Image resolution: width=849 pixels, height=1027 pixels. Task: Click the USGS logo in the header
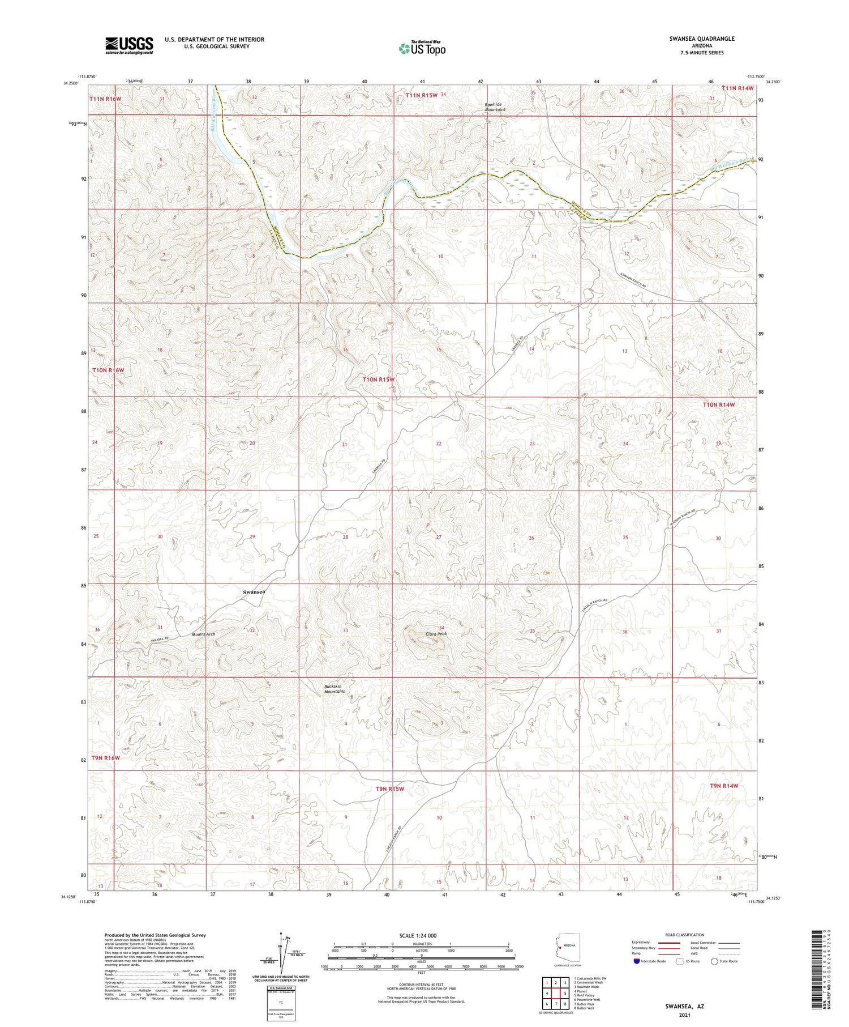pos(129,45)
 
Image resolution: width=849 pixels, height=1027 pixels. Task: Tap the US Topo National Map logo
pos(422,48)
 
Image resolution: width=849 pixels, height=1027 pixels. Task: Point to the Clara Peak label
pos(436,634)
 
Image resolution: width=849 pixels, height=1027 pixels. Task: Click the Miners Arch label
pos(203,634)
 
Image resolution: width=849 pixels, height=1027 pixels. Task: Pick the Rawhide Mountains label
pos(494,107)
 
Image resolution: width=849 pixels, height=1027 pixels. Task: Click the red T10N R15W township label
pos(378,380)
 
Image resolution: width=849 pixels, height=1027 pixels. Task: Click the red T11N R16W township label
pos(105,99)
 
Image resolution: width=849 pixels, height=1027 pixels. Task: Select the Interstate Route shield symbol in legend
pos(638,961)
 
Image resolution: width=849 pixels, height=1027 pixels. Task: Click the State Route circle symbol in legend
pos(715,961)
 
